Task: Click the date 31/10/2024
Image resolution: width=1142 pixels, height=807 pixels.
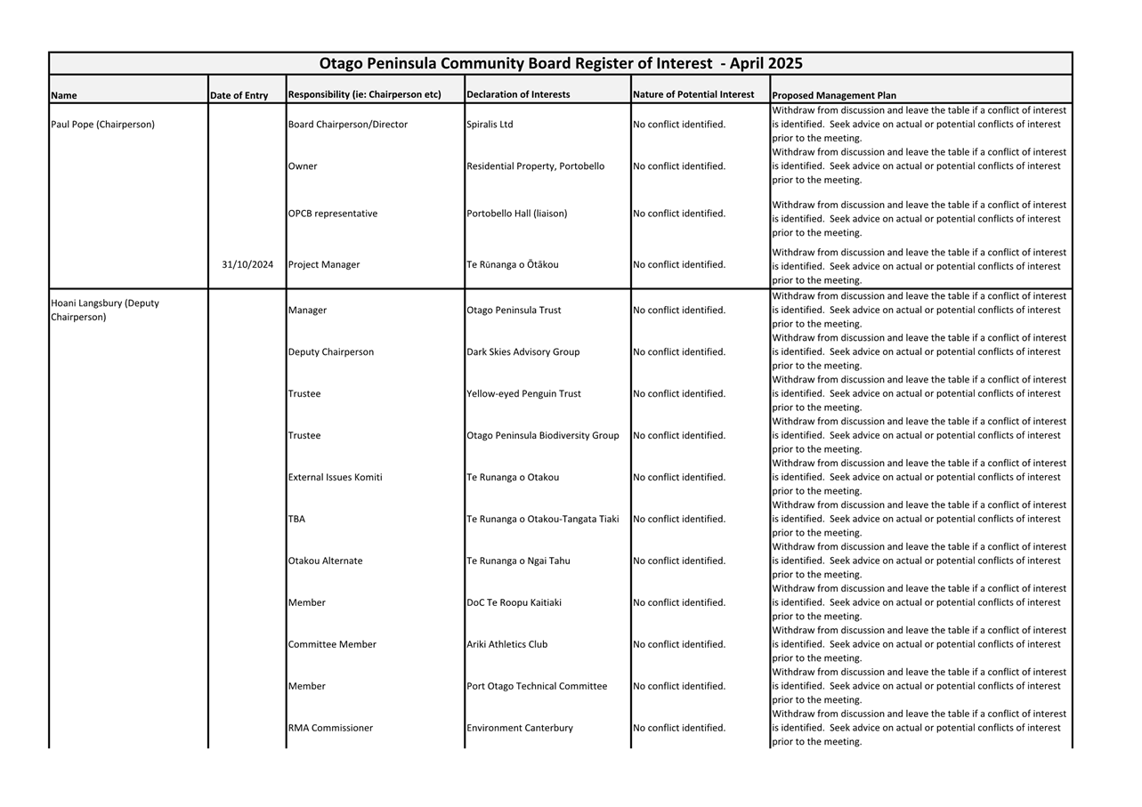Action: click(247, 264)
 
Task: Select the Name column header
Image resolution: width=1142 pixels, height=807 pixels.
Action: click(64, 95)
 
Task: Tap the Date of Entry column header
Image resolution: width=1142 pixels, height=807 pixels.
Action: click(239, 95)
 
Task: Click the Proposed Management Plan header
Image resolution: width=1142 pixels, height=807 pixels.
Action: click(834, 95)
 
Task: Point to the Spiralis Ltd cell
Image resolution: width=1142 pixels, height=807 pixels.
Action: click(490, 125)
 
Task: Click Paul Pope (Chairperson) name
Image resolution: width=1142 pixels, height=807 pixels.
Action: click(102, 125)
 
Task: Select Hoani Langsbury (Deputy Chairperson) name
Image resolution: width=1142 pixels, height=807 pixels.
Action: click(105, 310)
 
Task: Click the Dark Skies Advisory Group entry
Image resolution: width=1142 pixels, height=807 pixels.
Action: click(522, 351)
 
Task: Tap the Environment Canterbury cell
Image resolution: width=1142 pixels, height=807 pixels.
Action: click(520, 728)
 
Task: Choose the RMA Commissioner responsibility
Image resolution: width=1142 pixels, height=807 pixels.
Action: click(330, 728)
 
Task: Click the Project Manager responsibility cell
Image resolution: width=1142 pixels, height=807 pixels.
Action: click(324, 264)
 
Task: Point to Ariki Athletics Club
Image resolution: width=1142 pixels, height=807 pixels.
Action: click(506, 644)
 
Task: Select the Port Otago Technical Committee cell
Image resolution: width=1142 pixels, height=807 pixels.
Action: click(537, 686)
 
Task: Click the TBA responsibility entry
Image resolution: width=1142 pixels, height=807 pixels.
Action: click(296, 519)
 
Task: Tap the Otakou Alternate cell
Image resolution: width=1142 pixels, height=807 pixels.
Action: click(325, 561)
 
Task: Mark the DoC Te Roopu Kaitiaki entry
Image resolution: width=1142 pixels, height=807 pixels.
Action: click(514, 602)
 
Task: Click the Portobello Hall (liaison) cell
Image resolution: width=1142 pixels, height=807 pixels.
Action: click(516, 214)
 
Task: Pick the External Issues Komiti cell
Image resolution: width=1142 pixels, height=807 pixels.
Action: click(335, 477)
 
